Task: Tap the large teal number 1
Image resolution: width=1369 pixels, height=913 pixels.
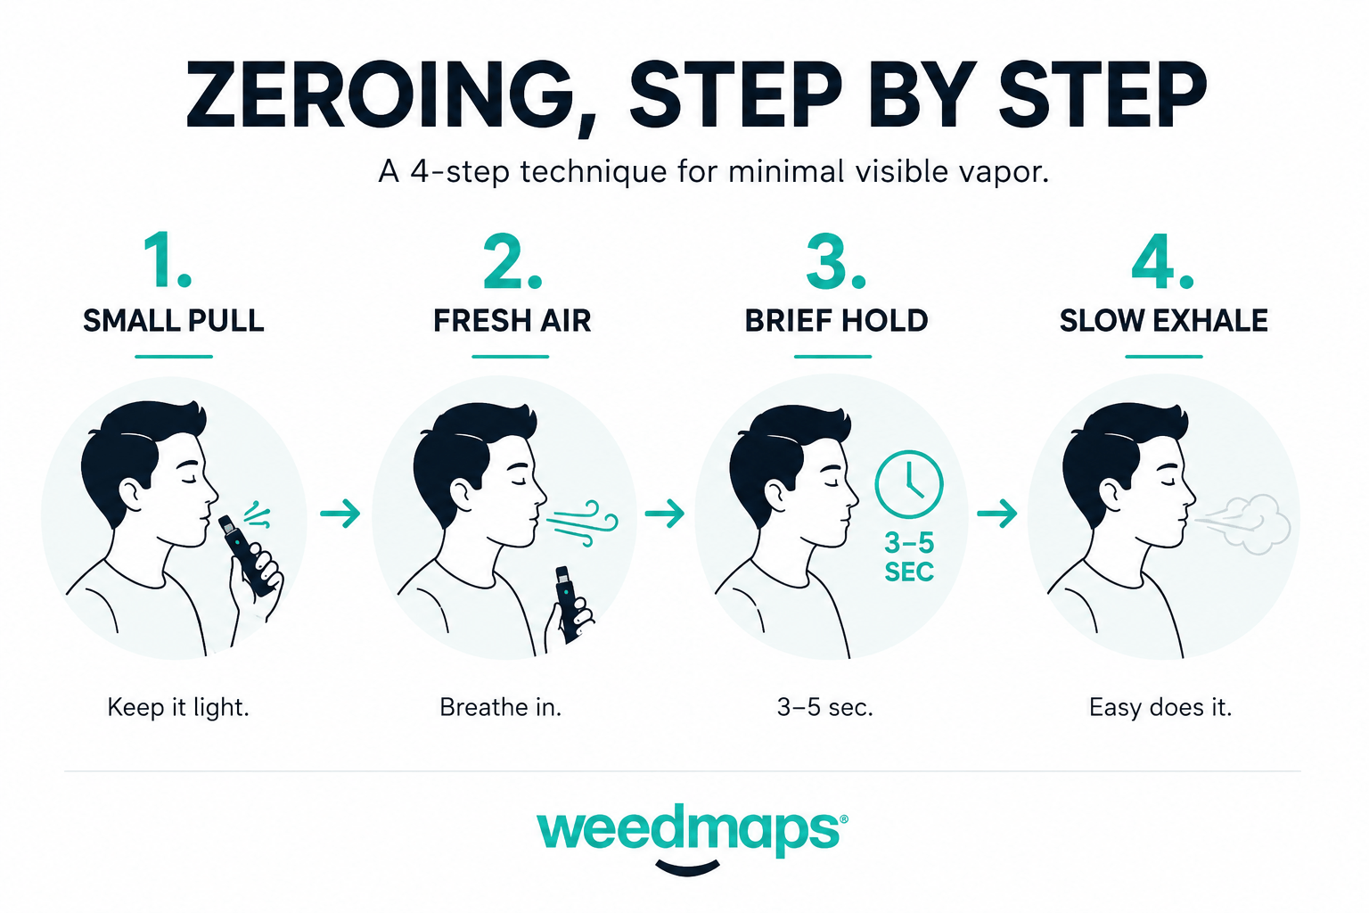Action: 167,259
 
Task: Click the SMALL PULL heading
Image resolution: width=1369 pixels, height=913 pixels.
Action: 174,320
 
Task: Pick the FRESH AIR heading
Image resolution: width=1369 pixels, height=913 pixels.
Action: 512,320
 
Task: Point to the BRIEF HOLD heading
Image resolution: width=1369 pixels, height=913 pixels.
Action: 836,320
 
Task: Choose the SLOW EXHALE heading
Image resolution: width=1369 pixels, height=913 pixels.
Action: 1164,320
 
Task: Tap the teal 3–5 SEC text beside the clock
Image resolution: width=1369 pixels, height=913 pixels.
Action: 909,557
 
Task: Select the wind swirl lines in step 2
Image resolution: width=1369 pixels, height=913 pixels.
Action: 582,522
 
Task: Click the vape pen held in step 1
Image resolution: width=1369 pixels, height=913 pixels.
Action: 248,555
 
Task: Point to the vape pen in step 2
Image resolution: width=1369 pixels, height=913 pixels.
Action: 567,605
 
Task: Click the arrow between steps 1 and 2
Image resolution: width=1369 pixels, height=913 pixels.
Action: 340,513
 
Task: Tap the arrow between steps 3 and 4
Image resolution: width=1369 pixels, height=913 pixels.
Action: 996,513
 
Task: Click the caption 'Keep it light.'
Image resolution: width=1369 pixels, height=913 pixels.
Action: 178,708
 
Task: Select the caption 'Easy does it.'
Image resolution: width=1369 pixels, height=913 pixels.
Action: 1160,708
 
